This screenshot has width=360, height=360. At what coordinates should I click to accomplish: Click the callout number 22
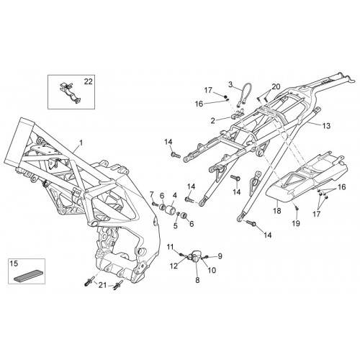point(88,81)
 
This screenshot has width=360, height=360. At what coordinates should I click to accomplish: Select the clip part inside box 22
point(70,93)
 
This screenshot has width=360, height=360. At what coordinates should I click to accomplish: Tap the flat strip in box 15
point(27,276)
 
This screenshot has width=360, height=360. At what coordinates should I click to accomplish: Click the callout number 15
point(14,264)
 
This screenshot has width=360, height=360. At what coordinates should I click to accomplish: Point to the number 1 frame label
point(81,143)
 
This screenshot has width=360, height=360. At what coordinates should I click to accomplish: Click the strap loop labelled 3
point(244,95)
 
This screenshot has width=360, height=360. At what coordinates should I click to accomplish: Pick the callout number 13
point(326,126)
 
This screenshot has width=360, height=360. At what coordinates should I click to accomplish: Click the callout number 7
point(151,194)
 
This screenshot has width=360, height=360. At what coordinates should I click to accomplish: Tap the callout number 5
point(176,226)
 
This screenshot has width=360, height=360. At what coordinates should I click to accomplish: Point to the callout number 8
point(197,280)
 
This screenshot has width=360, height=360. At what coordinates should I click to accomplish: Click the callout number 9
point(220,256)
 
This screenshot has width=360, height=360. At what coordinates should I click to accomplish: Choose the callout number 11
point(170,247)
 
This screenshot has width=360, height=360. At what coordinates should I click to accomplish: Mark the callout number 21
point(102,285)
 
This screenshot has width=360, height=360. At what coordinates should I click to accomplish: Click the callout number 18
point(277,211)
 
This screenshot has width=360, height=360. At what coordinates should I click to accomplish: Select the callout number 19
point(296,223)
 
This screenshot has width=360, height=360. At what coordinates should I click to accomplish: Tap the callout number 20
point(276,86)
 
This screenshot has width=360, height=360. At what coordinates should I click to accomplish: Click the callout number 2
point(213,121)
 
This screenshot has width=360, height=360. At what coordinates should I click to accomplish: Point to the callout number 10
point(212,270)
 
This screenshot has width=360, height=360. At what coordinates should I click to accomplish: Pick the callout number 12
point(174,266)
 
